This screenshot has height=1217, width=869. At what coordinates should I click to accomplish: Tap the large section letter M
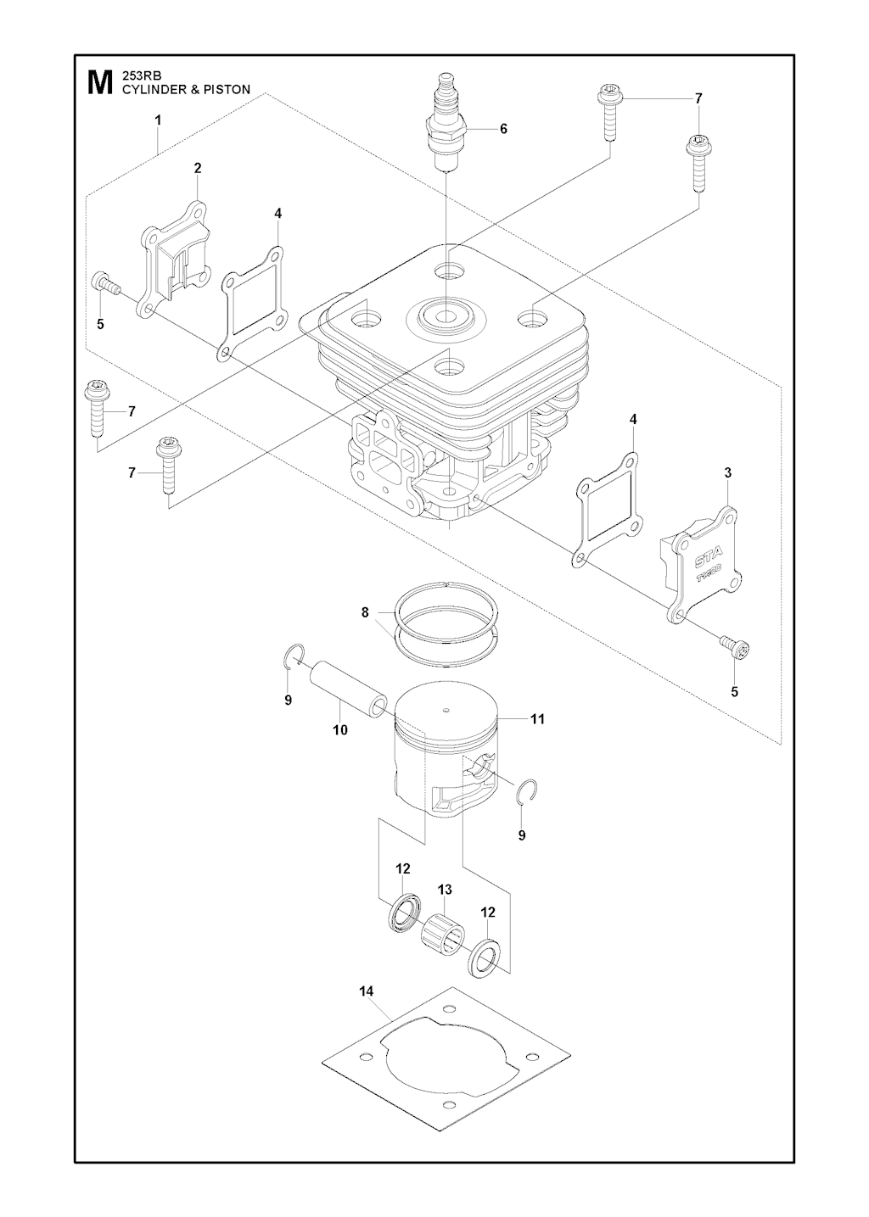(x=98, y=82)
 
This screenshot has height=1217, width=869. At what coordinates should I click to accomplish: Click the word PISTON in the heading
(x=227, y=88)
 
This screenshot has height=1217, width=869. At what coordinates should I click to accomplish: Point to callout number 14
(x=366, y=991)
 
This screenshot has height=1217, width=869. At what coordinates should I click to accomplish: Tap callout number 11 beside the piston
(x=537, y=719)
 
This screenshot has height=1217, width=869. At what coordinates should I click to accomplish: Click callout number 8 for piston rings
(x=365, y=611)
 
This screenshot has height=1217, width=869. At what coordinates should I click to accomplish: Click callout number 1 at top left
(x=158, y=121)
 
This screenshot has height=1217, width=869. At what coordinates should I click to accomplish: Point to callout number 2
(x=198, y=168)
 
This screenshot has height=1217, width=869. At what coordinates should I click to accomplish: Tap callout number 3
(x=727, y=472)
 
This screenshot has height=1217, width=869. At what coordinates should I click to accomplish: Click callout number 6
(x=503, y=129)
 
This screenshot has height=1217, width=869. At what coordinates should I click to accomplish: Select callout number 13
(x=445, y=890)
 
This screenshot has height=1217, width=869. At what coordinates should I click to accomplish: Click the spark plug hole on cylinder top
(x=446, y=316)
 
